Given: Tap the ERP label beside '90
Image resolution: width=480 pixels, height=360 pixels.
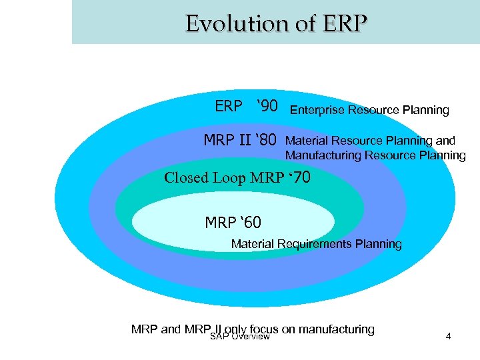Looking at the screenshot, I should (229, 107).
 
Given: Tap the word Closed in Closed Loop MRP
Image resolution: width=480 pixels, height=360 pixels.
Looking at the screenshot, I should (187, 178).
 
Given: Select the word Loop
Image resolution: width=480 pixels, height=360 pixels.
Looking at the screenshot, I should (229, 178).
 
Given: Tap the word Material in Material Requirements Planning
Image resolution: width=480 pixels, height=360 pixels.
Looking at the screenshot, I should (253, 244).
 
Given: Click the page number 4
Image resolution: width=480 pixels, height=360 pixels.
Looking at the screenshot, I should (448, 336).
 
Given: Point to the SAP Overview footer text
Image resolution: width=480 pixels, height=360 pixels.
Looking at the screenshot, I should (239, 337).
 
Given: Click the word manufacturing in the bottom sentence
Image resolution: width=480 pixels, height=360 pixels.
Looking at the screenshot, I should (337, 329).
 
